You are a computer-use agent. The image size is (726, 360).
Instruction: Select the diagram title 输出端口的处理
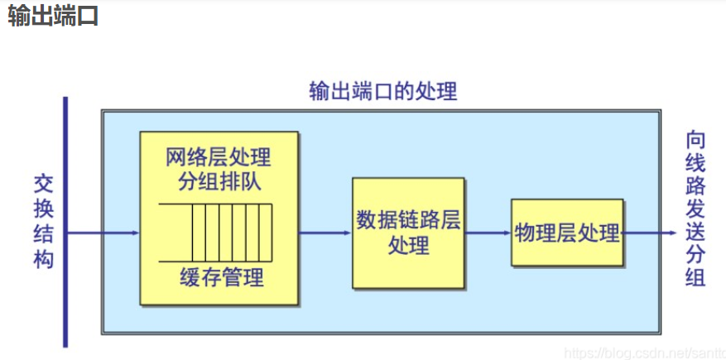(x=382, y=91)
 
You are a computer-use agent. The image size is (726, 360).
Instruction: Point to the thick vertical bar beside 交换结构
(x=65, y=222)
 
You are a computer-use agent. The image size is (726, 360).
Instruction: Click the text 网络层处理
(x=219, y=157)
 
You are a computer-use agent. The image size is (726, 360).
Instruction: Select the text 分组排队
(x=219, y=181)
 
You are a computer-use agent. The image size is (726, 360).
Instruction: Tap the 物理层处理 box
(x=567, y=233)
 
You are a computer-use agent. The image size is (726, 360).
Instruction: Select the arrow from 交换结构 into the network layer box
(x=103, y=233)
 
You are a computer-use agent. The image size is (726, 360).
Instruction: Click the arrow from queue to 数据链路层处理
(x=325, y=233)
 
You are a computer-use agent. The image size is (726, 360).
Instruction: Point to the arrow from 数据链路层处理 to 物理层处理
(x=488, y=233)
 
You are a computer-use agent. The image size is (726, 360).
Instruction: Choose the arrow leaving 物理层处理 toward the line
(x=650, y=233)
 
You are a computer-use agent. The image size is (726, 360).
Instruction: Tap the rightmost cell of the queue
(x=265, y=233)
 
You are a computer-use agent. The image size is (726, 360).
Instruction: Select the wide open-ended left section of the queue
(x=175, y=233)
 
